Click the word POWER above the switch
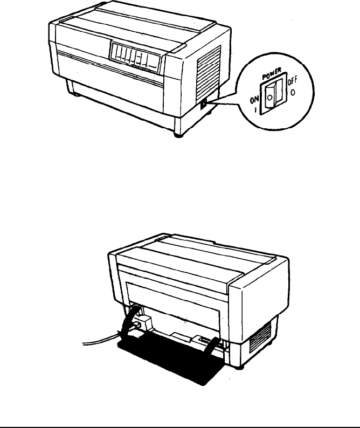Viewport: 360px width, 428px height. pos(272,74)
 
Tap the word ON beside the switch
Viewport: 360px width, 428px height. pos(254,100)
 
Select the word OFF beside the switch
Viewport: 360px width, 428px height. pos(292,81)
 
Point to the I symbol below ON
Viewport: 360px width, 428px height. pos(256,110)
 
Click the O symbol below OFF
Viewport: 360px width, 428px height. pos(293,93)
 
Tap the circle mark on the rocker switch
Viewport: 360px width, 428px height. pos(269,97)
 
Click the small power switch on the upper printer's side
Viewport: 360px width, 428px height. pos(204,104)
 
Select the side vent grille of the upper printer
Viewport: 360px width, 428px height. pos(209,73)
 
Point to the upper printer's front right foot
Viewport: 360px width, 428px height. pos(178,135)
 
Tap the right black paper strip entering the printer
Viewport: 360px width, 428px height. pos(212,346)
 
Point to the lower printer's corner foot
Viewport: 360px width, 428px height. pos(239,368)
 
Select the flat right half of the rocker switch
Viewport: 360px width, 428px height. pos(279,92)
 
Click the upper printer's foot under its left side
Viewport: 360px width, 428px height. pos(75,94)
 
